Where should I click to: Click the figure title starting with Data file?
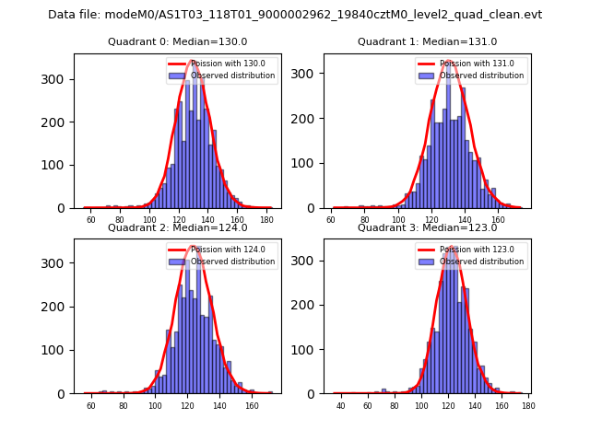pyautogui.click(x=295, y=15)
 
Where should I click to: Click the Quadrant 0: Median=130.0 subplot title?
pyautogui.click(x=177, y=41)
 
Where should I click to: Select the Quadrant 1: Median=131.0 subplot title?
pyautogui.click(x=427, y=41)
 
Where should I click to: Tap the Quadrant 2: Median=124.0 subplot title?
pyautogui.click(x=177, y=227)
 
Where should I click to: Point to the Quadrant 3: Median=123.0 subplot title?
pyautogui.click(x=427, y=227)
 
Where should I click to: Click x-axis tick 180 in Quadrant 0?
pyautogui.click(x=266, y=220)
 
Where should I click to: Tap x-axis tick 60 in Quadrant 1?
pyautogui.click(x=331, y=220)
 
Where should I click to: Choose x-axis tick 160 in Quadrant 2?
pyautogui.click(x=252, y=405)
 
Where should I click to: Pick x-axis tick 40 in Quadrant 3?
pyautogui.click(x=340, y=405)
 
